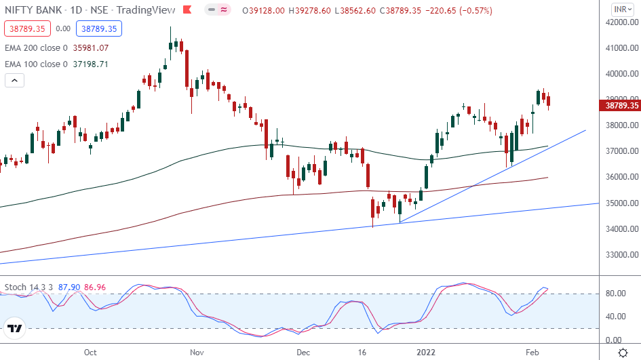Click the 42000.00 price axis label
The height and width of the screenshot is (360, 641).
click(x=621, y=22)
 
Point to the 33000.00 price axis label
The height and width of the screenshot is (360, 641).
click(x=621, y=255)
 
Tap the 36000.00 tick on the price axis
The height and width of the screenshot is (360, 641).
click(x=621, y=178)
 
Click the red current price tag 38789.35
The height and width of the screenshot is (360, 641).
click(x=620, y=106)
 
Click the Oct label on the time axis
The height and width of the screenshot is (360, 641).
click(x=90, y=353)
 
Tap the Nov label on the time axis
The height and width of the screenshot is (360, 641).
click(x=197, y=353)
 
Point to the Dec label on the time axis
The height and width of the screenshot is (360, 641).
click(x=303, y=353)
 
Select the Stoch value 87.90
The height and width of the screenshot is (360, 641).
click(x=69, y=287)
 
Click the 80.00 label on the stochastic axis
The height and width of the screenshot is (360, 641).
click(x=616, y=294)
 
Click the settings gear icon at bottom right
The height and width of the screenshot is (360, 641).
click(x=623, y=353)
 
